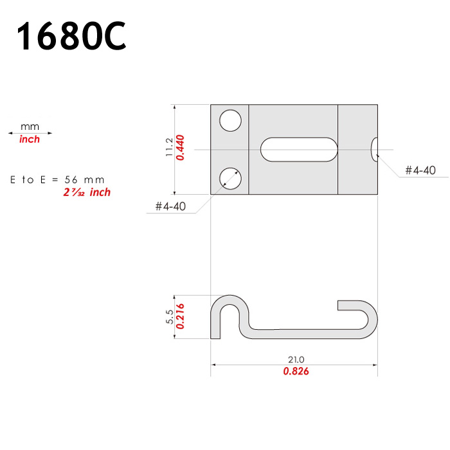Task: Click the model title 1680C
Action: click(x=71, y=35)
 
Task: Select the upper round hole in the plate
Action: click(x=230, y=121)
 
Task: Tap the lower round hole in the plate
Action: click(x=230, y=179)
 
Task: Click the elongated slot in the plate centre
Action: click(x=299, y=150)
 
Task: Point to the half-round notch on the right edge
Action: click(x=374, y=150)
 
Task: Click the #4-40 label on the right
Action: click(x=420, y=170)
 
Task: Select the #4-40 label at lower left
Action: click(x=170, y=206)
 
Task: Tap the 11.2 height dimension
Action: click(x=169, y=147)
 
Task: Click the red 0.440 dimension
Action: click(x=180, y=147)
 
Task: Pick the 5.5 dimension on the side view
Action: click(x=170, y=316)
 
